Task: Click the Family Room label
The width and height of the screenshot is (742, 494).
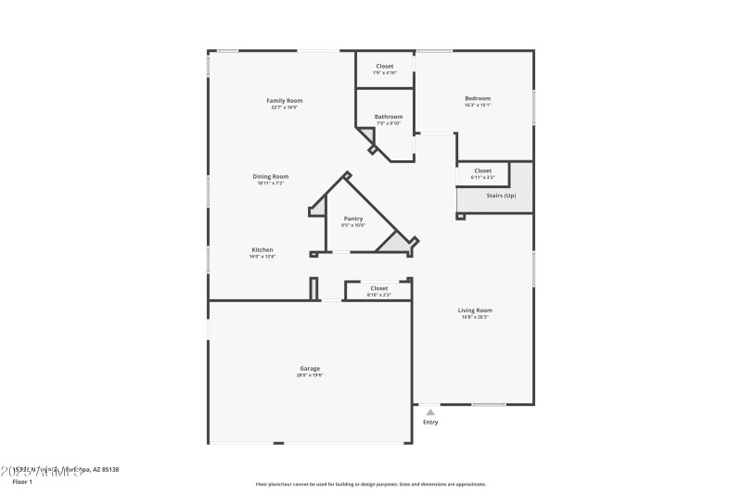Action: pos(284,100)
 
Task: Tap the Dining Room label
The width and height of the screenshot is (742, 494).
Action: pos(271,176)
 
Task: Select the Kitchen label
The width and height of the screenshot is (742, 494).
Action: pos(262,249)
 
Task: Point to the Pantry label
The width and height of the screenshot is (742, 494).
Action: pos(353,218)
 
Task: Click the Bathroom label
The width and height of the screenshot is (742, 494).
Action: pos(389,117)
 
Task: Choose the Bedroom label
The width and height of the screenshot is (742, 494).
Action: pos(478,98)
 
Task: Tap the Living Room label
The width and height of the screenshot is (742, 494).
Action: pos(475,310)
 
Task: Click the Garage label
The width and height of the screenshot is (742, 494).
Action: pos(309,368)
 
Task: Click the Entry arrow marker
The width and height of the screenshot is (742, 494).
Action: pos(430,412)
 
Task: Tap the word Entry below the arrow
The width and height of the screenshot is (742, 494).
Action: pos(430,423)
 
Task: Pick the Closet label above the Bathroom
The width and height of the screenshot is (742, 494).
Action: pos(384,66)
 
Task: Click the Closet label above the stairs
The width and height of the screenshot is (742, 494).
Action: pos(483,171)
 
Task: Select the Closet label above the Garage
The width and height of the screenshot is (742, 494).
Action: pos(379,288)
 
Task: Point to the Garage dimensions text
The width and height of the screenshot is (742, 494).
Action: pos(309,375)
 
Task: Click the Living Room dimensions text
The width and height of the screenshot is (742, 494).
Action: pos(475,317)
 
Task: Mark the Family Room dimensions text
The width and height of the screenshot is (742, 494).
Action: pos(284,108)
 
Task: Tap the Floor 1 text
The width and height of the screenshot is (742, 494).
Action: pos(21,482)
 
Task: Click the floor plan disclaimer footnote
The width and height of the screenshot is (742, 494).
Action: pos(370,484)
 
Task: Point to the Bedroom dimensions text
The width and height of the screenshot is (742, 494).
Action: pos(478,106)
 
